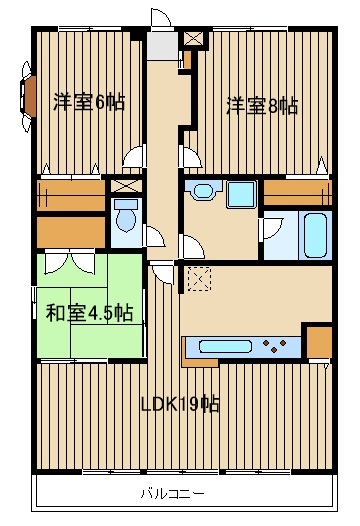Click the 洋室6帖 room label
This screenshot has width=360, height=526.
[x=88, y=102]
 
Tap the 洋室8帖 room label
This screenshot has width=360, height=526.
[x=261, y=105]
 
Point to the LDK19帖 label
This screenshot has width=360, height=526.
[x=180, y=404]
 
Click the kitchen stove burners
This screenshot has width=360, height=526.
[x=276, y=348]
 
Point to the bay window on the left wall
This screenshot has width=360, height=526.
[x=24, y=98]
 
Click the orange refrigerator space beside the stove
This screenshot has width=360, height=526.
[x=318, y=343]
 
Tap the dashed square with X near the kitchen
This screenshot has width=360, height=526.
[x=198, y=278]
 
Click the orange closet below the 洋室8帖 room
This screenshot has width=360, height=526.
[x=297, y=191]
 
